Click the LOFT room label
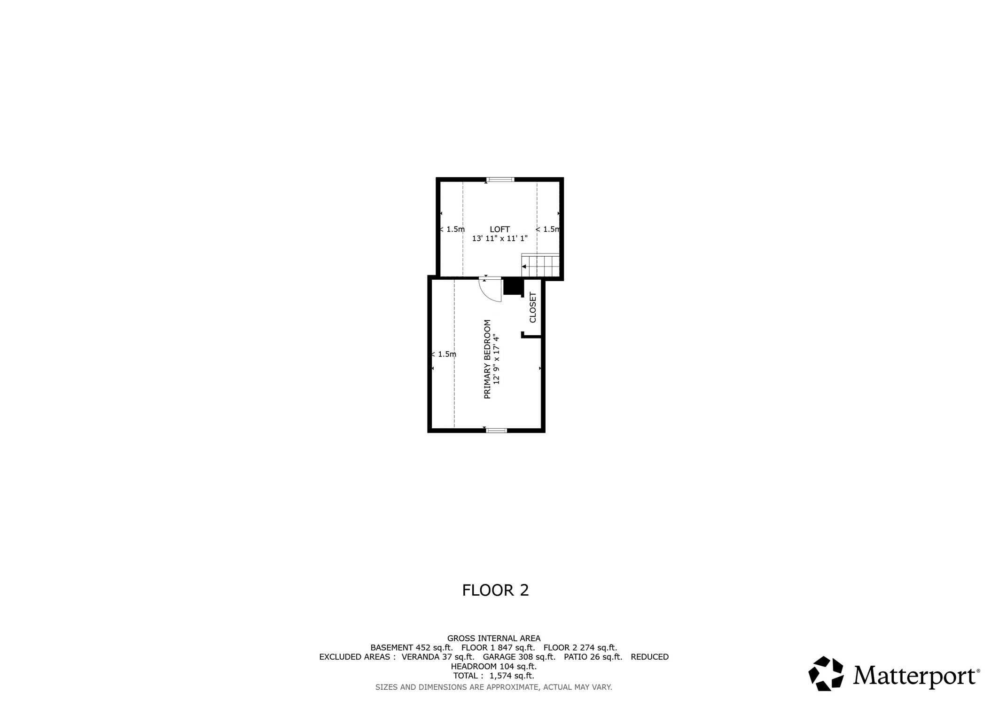pos(499,229)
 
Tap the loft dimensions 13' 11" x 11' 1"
pos(499,238)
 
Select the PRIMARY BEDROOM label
pos(487,359)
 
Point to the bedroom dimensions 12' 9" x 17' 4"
pos(497,359)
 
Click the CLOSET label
pos(533,307)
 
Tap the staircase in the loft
pos(540,266)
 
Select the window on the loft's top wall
pos(500,180)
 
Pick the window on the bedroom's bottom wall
pos(496,430)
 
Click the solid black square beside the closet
pos(513,287)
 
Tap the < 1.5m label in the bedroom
pos(444,354)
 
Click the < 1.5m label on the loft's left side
pos(452,229)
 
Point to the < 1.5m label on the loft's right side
pos(548,229)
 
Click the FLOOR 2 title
pos(495,591)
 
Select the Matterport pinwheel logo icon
pos(826,674)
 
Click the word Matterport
pos(916,676)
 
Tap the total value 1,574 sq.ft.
pos(512,676)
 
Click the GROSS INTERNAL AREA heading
pos(494,638)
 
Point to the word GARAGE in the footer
pos(499,657)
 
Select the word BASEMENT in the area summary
pos(392,647)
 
